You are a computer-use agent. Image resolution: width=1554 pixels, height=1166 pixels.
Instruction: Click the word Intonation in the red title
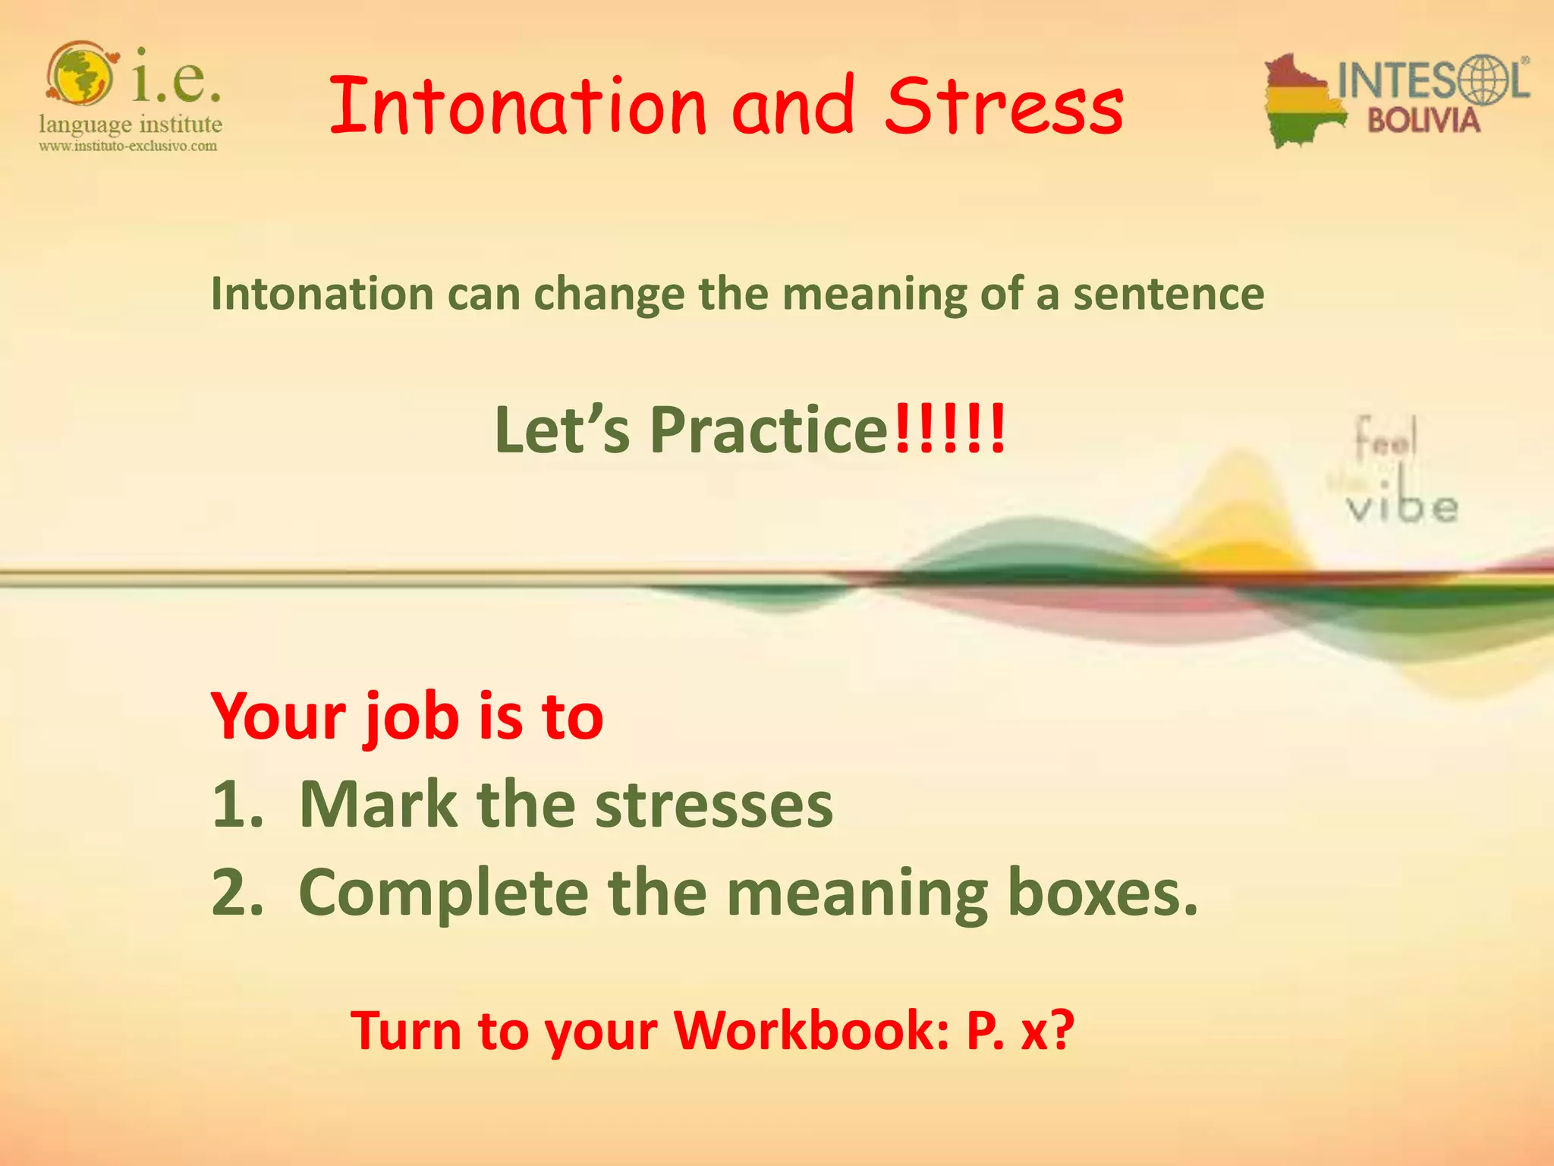[x=517, y=107]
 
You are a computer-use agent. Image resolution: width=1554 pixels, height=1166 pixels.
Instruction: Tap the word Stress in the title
[x=1003, y=107]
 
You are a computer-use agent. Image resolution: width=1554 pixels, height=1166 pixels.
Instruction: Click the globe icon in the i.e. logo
[x=81, y=74]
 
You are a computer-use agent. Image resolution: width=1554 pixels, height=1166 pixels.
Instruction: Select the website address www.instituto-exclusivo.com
[x=128, y=146]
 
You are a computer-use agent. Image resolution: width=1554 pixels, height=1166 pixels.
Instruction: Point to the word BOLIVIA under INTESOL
[x=1423, y=121]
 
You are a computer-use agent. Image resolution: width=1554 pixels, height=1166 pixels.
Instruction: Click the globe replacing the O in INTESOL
[x=1474, y=79]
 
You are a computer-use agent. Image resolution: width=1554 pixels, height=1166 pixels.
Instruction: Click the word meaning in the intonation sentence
[x=874, y=295]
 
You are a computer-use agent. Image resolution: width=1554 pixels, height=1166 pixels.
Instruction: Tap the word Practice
[x=768, y=430]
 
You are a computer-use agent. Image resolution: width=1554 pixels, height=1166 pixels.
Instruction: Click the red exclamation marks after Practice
[x=949, y=429]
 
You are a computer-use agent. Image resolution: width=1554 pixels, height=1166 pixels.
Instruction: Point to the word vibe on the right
[x=1402, y=506]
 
